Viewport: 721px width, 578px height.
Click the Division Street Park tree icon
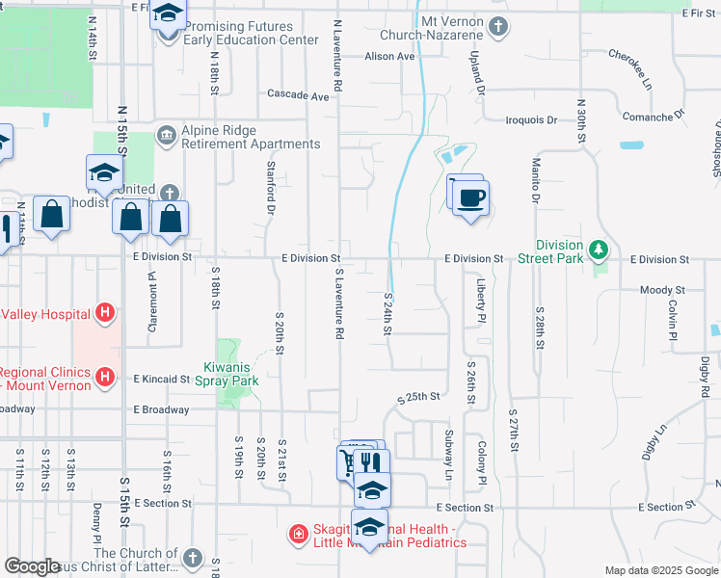coord(599,250)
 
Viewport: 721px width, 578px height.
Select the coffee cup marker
coord(470,198)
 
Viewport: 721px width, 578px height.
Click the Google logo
coord(33,566)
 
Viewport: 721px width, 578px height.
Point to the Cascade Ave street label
coord(298,95)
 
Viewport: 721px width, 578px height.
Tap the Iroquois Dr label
coord(531,120)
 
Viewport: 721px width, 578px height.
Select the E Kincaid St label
coord(162,380)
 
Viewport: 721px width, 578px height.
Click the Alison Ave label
coord(389,57)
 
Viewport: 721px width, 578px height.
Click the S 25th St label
coord(419,396)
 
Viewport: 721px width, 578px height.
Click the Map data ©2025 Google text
coord(660,570)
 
